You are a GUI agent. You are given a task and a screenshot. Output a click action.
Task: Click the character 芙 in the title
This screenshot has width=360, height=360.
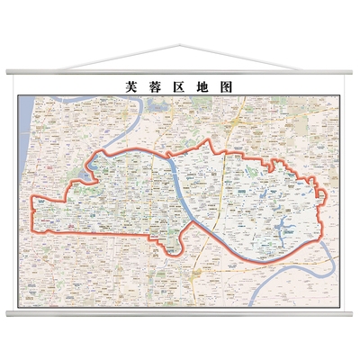click(131, 86)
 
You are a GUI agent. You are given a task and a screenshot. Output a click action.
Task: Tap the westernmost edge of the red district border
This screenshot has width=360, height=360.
click(32, 211)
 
